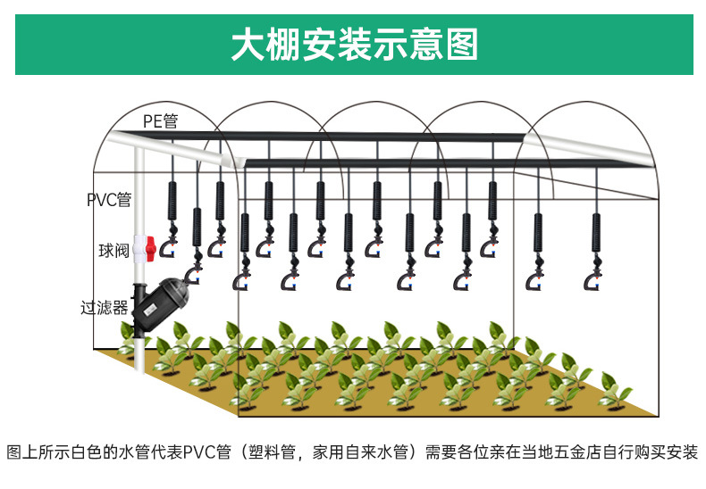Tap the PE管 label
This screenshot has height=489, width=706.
click(160, 121)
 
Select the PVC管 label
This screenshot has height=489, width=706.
click(109, 199)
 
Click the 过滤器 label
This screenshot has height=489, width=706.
click(105, 308)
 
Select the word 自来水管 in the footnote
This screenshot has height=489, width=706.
click(375, 452)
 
